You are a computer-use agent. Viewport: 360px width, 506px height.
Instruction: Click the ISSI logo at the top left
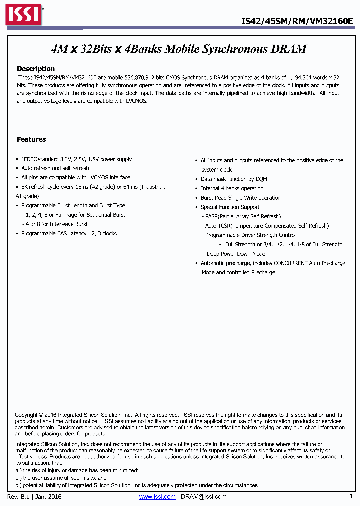click(x=23, y=15)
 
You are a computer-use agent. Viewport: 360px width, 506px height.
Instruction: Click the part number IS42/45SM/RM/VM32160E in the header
click(x=297, y=21)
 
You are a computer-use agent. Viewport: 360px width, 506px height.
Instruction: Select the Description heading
click(x=36, y=69)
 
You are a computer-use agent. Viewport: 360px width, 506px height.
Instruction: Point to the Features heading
click(x=31, y=139)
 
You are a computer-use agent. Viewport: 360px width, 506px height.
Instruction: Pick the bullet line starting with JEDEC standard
click(x=76, y=159)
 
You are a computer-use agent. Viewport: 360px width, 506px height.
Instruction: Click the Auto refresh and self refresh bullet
click(x=55, y=168)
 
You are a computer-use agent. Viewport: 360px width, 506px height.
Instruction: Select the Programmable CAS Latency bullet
click(x=69, y=233)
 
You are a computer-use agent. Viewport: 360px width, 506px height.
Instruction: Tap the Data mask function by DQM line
click(x=227, y=179)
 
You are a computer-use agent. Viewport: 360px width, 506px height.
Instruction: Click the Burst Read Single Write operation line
click(x=240, y=198)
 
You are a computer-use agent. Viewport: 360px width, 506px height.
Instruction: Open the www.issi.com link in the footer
click(x=157, y=497)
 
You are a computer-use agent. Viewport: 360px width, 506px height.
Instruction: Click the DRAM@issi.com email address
click(x=203, y=497)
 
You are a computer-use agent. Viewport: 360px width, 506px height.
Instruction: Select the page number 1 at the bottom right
click(x=351, y=496)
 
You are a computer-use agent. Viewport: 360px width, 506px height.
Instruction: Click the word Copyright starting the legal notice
click(x=26, y=415)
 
